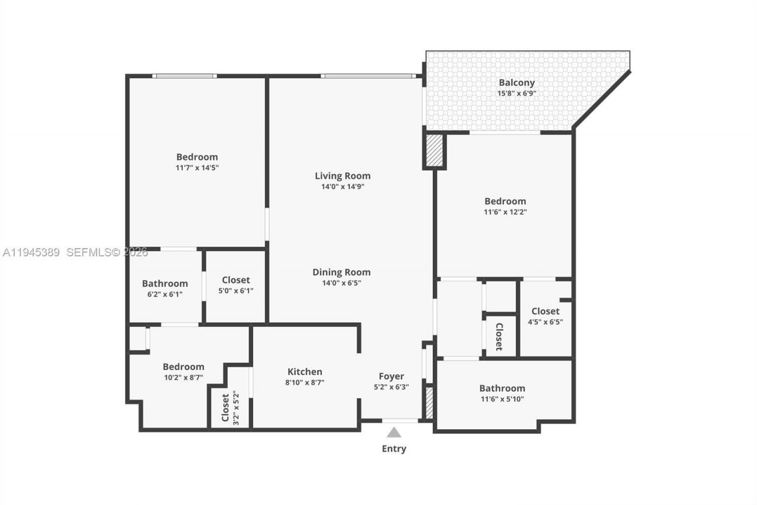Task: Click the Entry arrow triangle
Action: click(394, 433)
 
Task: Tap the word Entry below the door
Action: click(394, 449)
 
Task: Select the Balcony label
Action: click(516, 83)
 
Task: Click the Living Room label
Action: click(342, 176)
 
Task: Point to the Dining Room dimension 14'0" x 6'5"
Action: click(342, 283)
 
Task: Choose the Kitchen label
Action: click(305, 372)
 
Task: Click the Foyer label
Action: click(392, 376)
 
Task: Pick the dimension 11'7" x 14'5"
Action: click(197, 168)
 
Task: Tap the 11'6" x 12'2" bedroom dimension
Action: click(505, 212)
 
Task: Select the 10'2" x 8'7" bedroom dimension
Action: click(183, 378)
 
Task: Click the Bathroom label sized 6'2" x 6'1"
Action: click(165, 284)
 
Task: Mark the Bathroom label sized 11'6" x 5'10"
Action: click(502, 388)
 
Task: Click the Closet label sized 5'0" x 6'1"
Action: click(236, 280)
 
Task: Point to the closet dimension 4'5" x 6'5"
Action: click(545, 322)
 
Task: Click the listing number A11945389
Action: click(31, 253)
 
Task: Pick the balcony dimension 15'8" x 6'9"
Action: click(516, 94)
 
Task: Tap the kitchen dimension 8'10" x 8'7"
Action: click(305, 382)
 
